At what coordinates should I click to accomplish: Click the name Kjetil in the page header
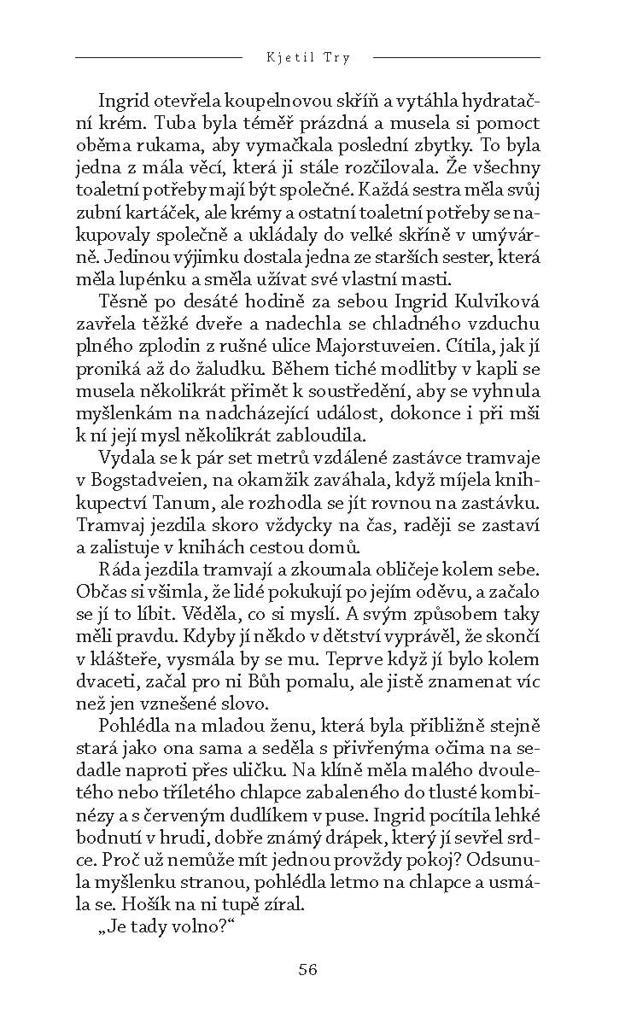pos(288,57)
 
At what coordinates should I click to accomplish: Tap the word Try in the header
pos(336,57)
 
